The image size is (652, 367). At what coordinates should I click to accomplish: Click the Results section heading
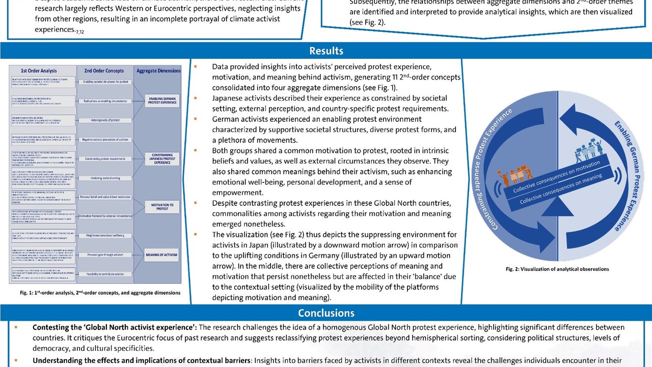pyautogui.click(x=326, y=51)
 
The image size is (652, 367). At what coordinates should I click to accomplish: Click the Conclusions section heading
pyautogui.click(x=326, y=313)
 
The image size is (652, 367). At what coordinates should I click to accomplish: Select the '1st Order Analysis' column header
pyautogui.click(x=39, y=71)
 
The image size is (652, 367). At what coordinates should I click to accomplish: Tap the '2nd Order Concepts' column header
pyautogui.click(x=104, y=71)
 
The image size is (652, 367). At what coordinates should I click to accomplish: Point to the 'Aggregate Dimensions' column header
pyautogui.click(x=158, y=71)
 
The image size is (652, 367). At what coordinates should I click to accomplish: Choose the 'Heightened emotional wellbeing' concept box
pyautogui.click(x=104, y=235)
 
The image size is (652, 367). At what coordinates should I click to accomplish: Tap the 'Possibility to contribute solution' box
pyautogui.click(x=104, y=274)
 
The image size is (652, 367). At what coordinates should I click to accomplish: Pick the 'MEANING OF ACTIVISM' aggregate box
pyautogui.click(x=162, y=255)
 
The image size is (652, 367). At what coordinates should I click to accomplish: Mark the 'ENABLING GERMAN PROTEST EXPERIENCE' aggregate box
pyautogui.click(x=162, y=100)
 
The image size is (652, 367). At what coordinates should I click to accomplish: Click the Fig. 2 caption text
pyautogui.click(x=557, y=269)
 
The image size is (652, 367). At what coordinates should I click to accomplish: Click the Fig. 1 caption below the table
pyautogui.click(x=100, y=293)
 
